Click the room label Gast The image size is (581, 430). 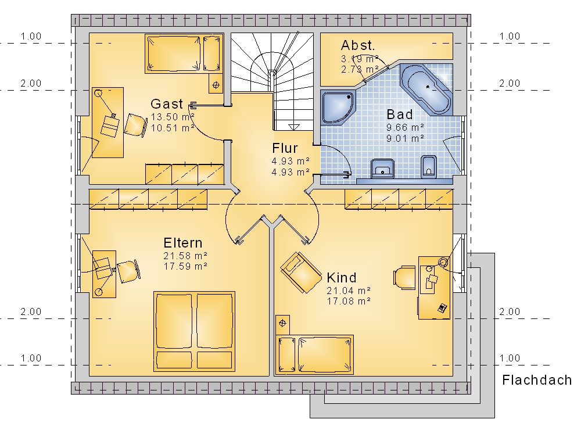(167, 104)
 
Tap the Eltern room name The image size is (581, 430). (183, 243)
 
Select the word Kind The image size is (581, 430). (342, 278)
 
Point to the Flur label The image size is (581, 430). (285, 148)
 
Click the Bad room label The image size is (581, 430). (400, 114)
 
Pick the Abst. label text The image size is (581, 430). (358, 45)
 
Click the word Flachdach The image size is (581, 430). (537, 380)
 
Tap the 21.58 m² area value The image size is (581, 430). (185, 256)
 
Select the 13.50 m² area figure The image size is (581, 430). (173, 117)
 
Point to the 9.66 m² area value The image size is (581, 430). (405, 127)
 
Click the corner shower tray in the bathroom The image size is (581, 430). (337, 107)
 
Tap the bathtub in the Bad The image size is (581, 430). (426, 89)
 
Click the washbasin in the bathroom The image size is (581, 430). (382, 169)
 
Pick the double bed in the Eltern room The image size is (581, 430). (195, 331)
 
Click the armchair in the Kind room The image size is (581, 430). (301, 273)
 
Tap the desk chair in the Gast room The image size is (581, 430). (135, 126)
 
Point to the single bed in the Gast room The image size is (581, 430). (184, 53)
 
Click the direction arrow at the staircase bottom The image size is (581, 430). (293, 127)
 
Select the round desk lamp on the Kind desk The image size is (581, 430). (443, 262)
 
